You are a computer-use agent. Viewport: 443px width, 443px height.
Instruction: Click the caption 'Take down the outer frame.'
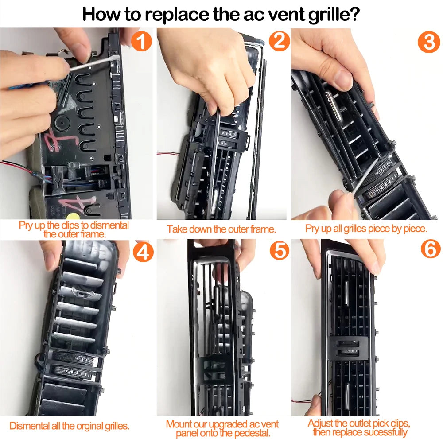tap(221, 229)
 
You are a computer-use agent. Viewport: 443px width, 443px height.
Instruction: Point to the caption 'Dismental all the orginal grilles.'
tap(70, 426)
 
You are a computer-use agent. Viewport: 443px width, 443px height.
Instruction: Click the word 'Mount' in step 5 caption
tap(179, 424)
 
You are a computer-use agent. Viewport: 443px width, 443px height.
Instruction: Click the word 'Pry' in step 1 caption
tap(27, 225)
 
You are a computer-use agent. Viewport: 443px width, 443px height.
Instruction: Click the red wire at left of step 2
tap(165, 154)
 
